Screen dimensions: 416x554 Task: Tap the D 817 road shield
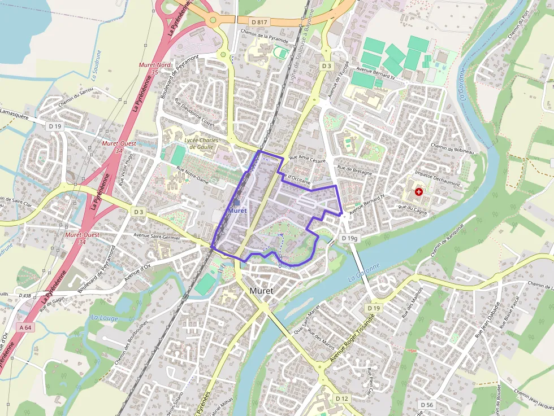pos(259,22)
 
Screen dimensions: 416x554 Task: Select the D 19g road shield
pos(350,239)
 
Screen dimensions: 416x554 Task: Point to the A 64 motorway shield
pos(25,327)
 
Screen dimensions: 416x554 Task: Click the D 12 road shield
pos(341,399)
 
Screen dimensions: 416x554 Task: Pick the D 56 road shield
pos(427,405)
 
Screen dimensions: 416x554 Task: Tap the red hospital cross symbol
pos(418,192)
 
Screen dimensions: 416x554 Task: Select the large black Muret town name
pos(261,291)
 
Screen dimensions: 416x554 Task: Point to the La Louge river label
pos(103,318)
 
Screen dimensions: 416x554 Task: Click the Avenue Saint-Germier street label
pos(157,236)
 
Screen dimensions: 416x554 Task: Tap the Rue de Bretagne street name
pos(354,170)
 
